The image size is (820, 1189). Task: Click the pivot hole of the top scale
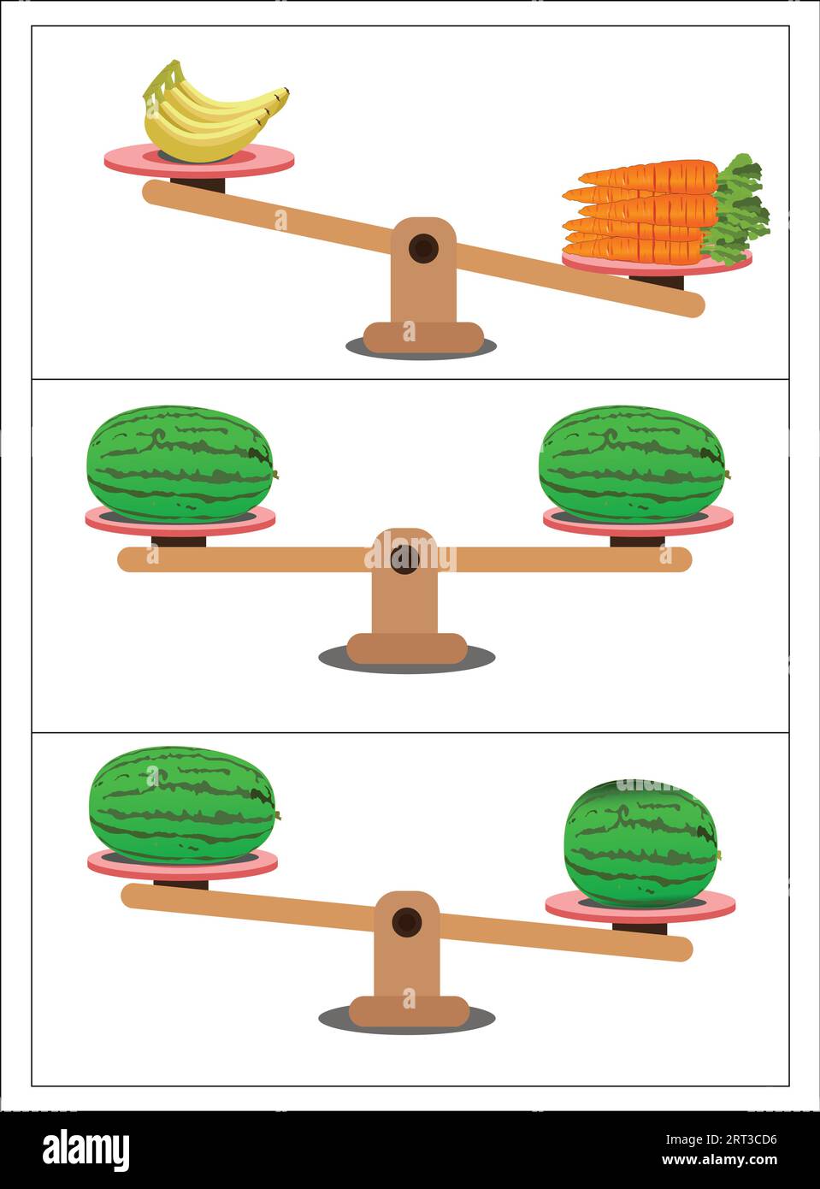[x=422, y=249]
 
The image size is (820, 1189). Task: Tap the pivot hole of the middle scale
[x=404, y=559]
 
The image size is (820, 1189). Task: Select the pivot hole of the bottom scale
[x=406, y=923]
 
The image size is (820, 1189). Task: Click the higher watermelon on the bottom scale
[x=182, y=804]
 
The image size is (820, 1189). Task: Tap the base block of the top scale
[x=422, y=336]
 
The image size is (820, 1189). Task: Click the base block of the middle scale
[x=406, y=648]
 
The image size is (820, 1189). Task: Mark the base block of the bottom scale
[x=409, y=1011]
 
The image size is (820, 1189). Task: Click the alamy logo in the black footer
[x=86, y=1150]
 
